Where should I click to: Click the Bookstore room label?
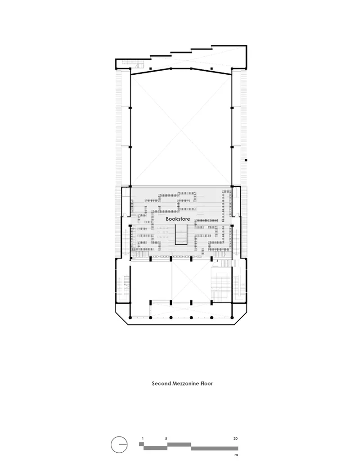click(178, 219)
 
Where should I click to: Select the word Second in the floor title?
click(161, 384)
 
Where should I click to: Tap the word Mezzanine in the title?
click(185, 384)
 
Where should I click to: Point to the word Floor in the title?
click(207, 384)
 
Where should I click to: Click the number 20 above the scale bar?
click(235, 439)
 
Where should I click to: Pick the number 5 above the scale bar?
click(166, 439)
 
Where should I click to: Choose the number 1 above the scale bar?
click(143, 439)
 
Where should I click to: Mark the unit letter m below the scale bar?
click(236, 455)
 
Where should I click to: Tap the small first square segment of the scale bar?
click(141, 444)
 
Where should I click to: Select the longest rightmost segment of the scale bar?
click(215, 448)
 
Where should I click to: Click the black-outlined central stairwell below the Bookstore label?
click(181, 234)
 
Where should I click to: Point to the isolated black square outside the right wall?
click(246, 160)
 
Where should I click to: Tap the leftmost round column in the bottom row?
click(130, 318)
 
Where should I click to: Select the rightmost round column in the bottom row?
click(232, 318)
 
